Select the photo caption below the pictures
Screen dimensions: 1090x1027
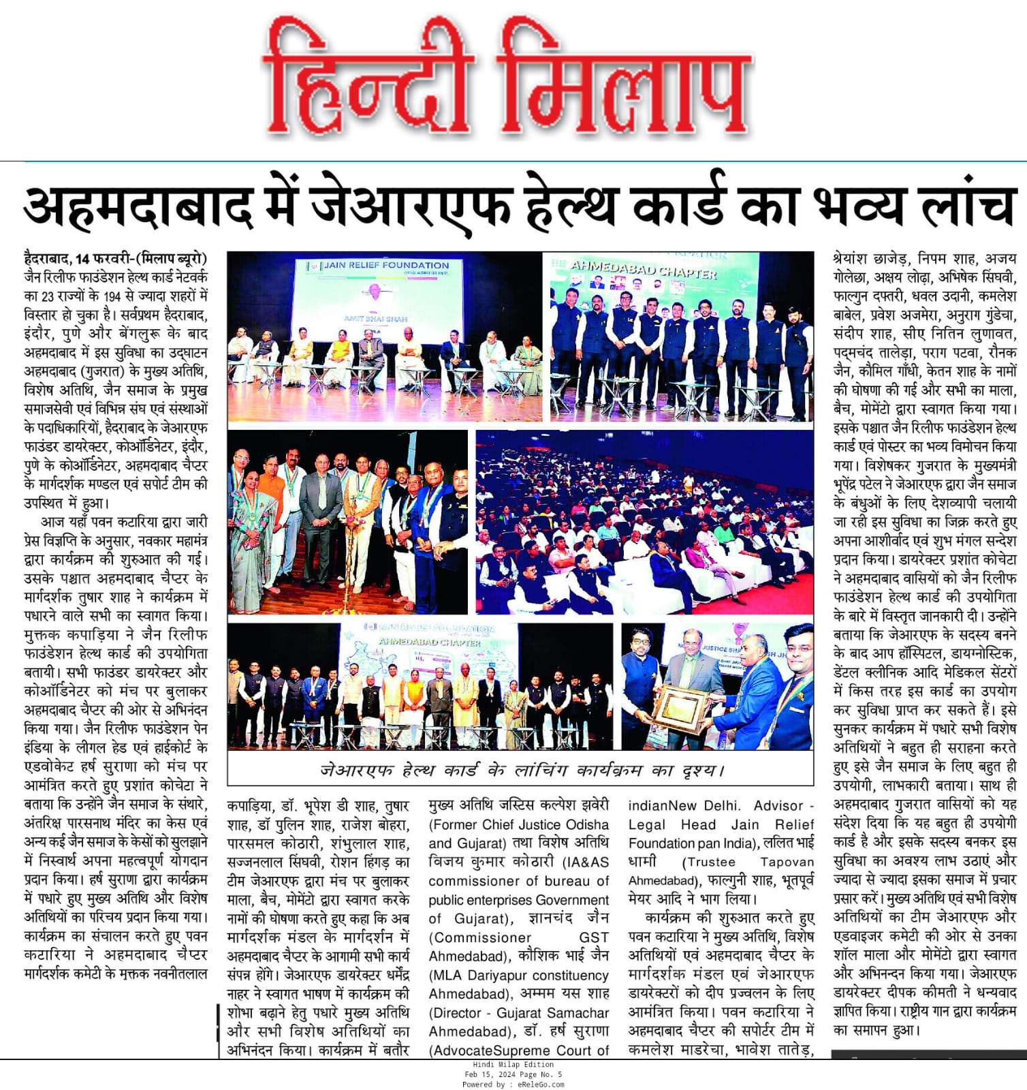pos(521,770)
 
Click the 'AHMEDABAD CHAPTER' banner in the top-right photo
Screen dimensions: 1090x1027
pos(643,270)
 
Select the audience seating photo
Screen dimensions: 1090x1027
pos(644,521)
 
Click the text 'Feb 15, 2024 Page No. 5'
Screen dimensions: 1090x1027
pos(513,1074)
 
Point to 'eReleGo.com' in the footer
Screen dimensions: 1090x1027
pos(541,1085)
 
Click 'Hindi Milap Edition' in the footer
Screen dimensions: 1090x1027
pos(513,1065)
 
